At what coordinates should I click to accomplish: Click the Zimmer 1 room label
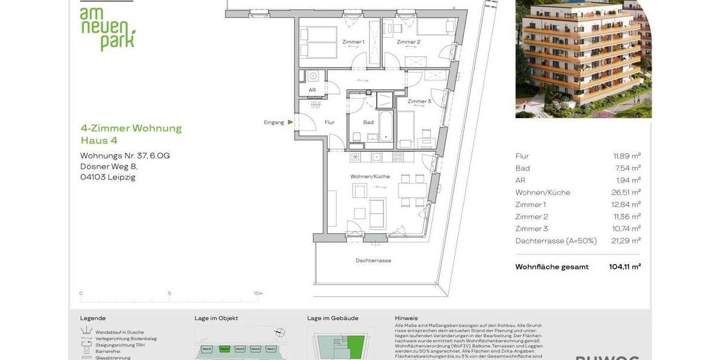pyautogui.click(x=353, y=42)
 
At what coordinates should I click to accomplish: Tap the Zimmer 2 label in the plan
pyautogui.click(x=409, y=42)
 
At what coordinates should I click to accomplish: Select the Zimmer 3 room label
pyautogui.click(x=419, y=101)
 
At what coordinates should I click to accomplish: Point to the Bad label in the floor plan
pyautogui.click(x=368, y=122)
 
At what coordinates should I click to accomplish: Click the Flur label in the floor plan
pyautogui.click(x=329, y=122)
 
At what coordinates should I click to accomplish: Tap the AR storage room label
pyautogui.click(x=312, y=91)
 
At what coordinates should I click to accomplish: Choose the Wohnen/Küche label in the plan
pyautogui.click(x=370, y=176)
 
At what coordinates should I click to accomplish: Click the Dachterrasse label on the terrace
pyautogui.click(x=373, y=261)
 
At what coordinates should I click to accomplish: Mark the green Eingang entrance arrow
pyautogui.click(x=290, y=122)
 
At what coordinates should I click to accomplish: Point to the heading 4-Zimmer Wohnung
pyautogui.click(x=131, y=128)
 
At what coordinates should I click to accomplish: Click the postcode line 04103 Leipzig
pyautogui.click(x=108, y=177)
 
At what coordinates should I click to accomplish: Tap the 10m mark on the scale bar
pyautogui.click(x=258, y=293)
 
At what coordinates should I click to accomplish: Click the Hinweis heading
pyautogui.click(x=407, y=318)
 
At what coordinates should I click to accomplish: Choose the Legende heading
pyautogui.click(x=93, y=318)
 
